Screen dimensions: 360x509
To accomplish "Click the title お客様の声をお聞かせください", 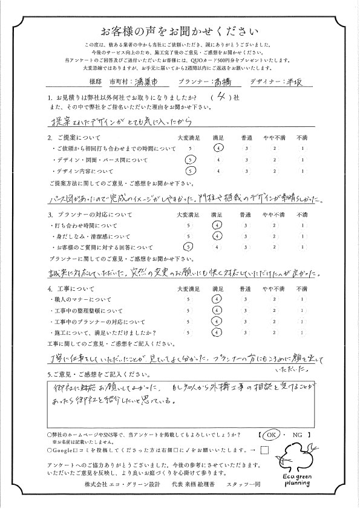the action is click(x=180, y=31).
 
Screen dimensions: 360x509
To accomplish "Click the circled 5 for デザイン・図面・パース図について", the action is click(x=191, y=160).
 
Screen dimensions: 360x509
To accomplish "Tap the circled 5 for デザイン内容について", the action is click(x=191, y=172).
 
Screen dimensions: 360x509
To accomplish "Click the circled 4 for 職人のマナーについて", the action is click(x=218, y=299).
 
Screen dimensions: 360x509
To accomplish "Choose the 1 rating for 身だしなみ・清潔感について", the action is click(x=301, y=236).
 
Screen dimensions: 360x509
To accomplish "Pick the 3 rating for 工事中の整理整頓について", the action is click(x=246, y=310).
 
